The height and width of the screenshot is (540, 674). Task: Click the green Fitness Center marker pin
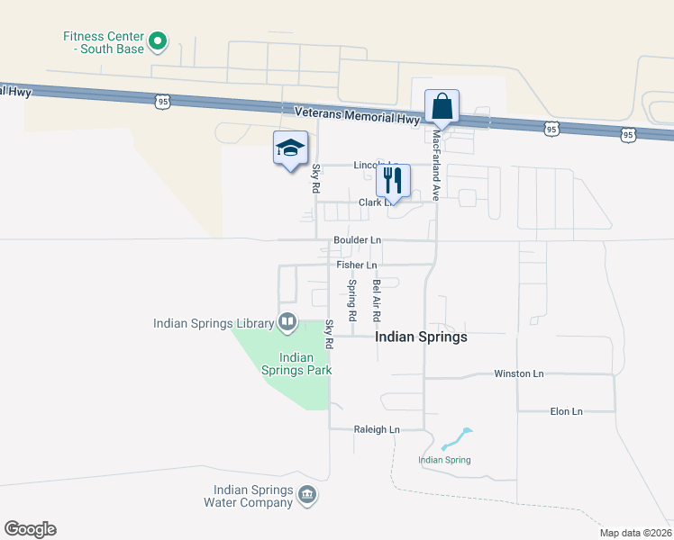point(158,40)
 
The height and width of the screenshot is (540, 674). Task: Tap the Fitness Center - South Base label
point(103,42)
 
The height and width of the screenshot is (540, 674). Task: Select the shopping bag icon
point(442,106)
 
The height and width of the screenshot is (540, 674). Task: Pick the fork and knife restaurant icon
point(393,180)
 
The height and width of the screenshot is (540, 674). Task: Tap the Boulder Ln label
point(357,240)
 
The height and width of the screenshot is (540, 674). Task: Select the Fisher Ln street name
point(357,265)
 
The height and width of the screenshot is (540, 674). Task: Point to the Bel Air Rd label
point(377,301)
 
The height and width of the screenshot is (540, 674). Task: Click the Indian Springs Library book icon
point(287,320)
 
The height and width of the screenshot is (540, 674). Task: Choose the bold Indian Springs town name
point(421,337)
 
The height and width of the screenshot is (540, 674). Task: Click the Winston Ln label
point(519,373)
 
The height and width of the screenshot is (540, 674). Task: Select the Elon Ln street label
point(567,411)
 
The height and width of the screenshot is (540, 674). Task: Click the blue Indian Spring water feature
point(456,439)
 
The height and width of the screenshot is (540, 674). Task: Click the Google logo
point(31,529)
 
